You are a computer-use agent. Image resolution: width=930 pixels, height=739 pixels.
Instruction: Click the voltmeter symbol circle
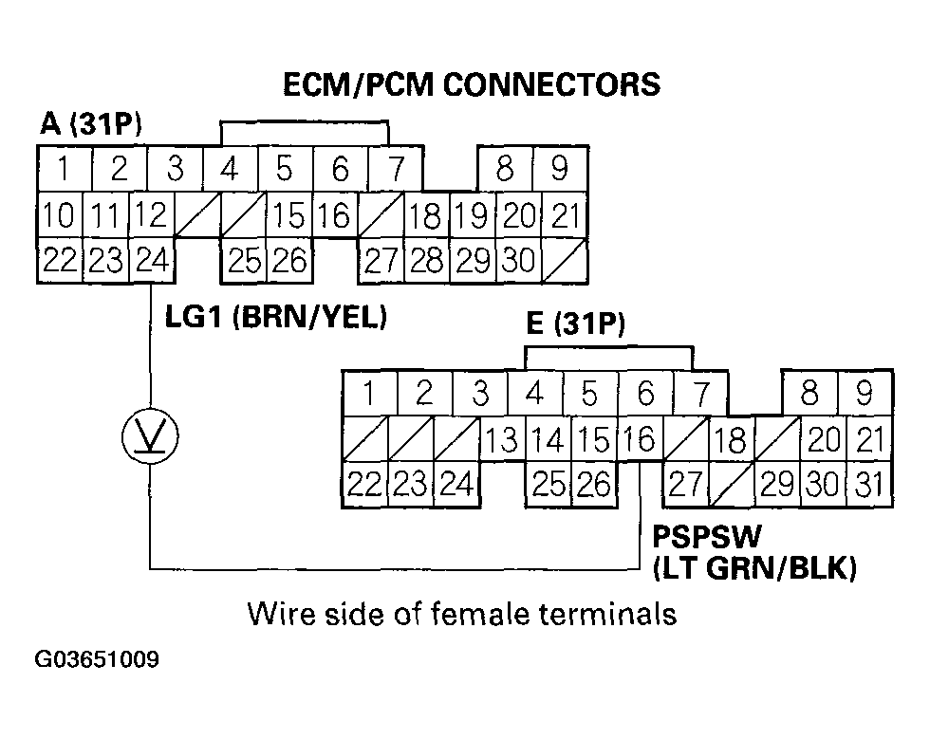[150, 435]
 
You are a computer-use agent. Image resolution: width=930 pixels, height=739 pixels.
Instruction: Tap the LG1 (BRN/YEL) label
[276, 317]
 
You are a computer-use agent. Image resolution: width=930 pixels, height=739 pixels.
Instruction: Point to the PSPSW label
[706, 538]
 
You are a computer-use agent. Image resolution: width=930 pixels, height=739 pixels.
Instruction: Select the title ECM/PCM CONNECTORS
[472, 84]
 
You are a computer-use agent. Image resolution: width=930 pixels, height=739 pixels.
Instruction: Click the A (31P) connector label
[91, 124]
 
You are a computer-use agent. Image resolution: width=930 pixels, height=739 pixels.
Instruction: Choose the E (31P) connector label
[575, 326]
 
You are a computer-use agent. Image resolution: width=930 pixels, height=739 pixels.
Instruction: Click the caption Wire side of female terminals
[462, 614]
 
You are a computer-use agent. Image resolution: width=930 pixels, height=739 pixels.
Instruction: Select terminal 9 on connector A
[559, 169]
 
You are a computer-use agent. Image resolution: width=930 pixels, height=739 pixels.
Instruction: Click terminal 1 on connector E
[368, 394]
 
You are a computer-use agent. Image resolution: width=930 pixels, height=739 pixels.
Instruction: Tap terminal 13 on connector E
[503, 439]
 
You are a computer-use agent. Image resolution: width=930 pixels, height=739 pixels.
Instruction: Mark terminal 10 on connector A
[59, 215]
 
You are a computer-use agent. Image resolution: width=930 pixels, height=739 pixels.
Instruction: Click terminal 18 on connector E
[729, 439]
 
